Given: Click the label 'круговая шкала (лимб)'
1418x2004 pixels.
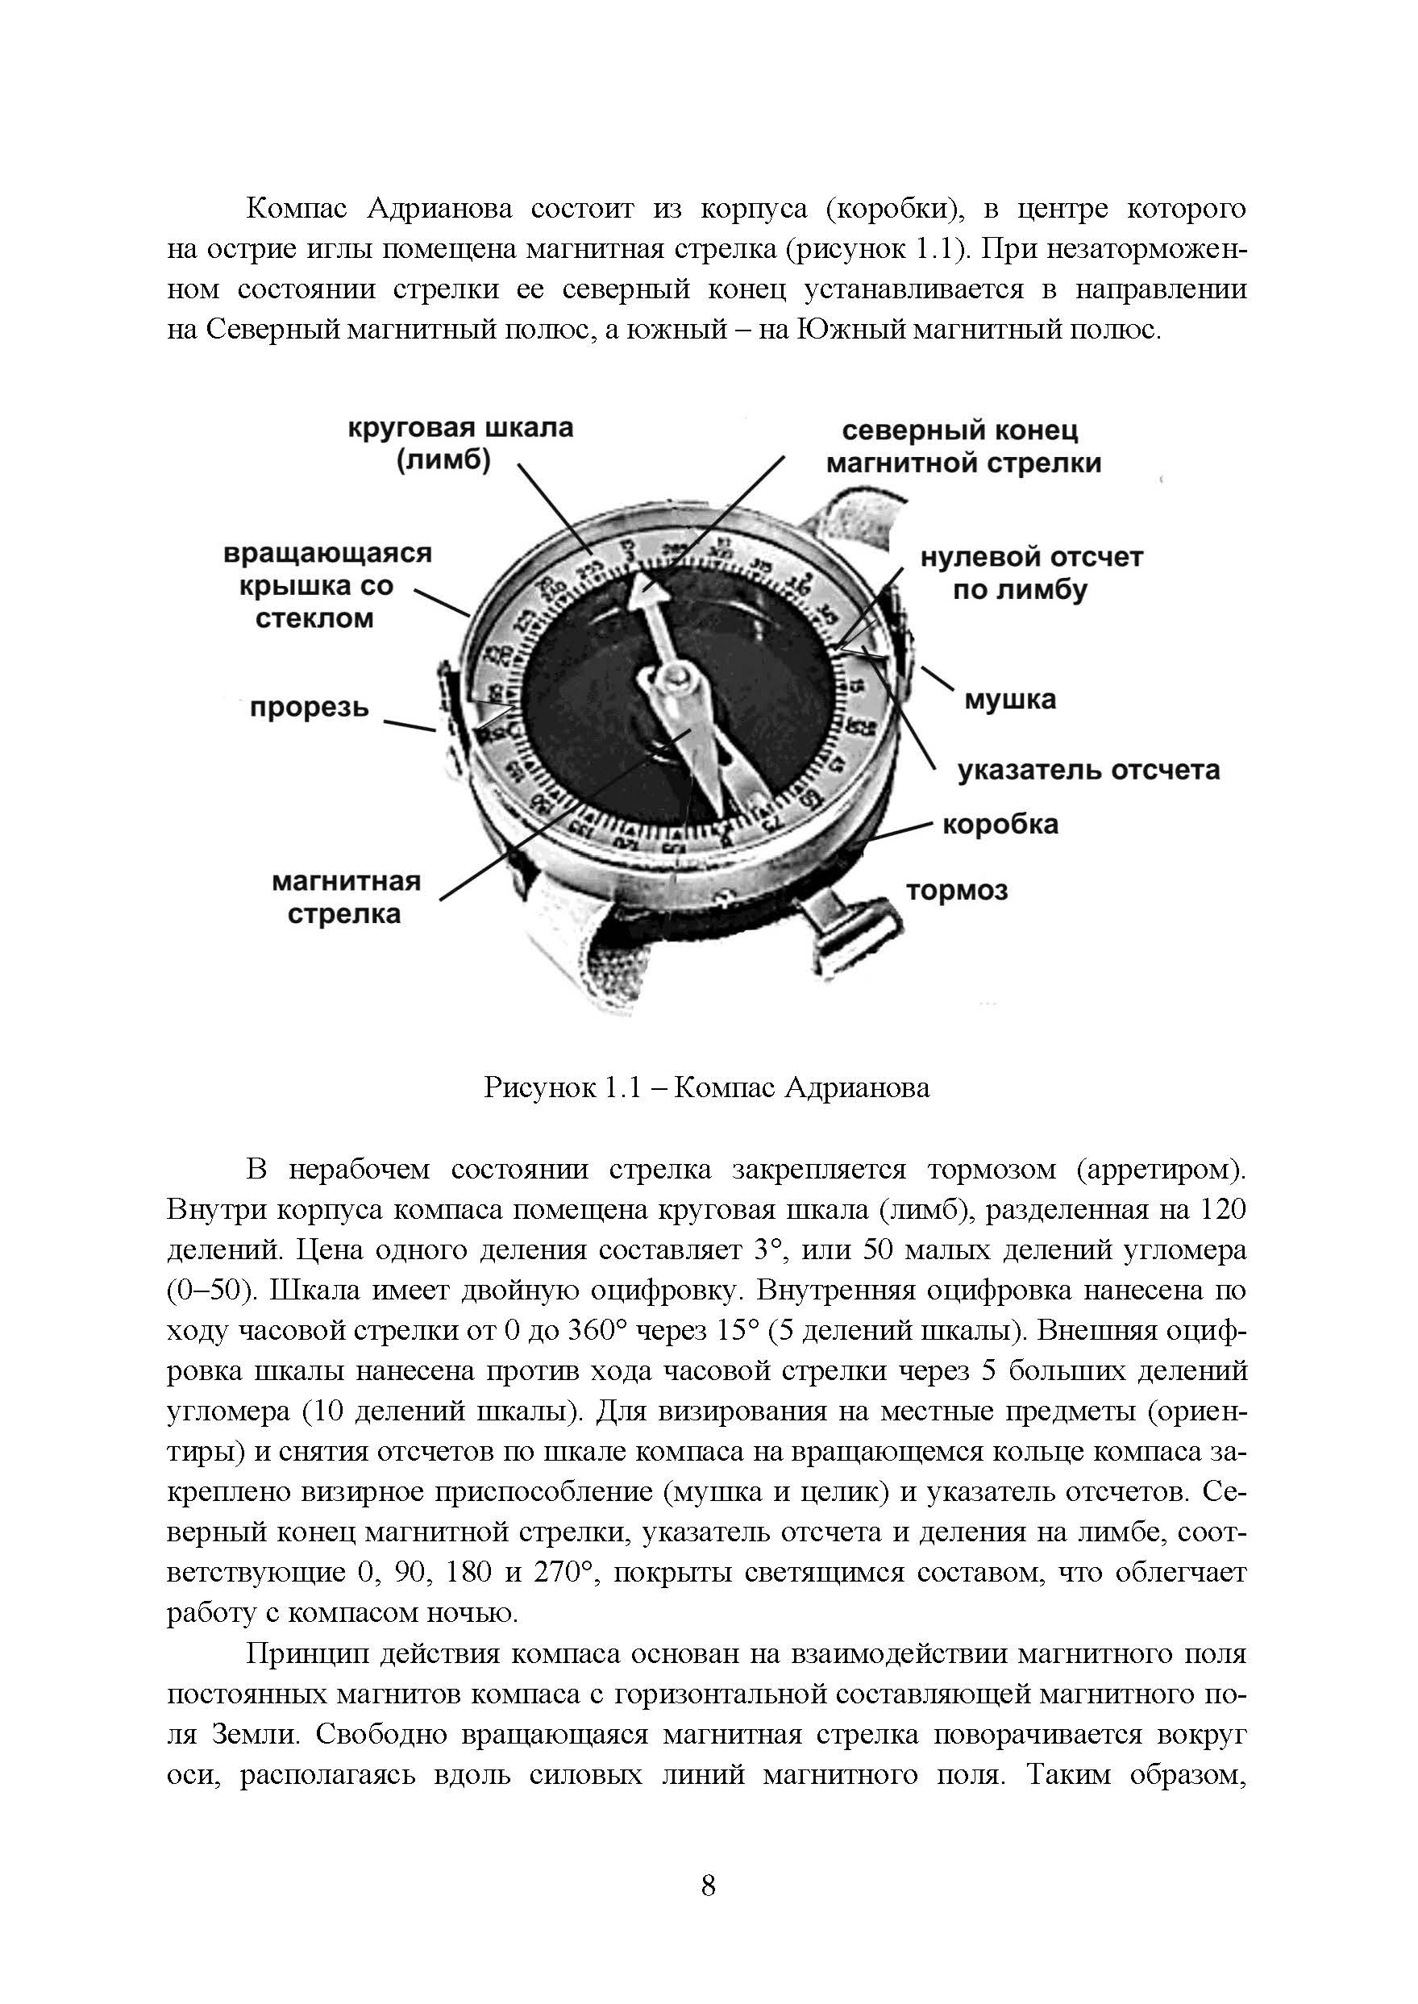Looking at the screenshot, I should [460, 443].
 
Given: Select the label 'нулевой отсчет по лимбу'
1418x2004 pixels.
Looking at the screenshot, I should [1031, 573].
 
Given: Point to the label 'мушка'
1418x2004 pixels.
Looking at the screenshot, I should [1009, 700].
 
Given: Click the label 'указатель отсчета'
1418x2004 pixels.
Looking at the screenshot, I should [1088, 770].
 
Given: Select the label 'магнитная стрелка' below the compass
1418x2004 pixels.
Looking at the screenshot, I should [347, 898].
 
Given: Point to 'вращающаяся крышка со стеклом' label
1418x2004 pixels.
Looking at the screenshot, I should [326, 586].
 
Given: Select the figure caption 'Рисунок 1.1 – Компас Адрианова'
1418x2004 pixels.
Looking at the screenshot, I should [707, 1088].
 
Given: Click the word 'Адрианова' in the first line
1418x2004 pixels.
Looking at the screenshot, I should [439, 209].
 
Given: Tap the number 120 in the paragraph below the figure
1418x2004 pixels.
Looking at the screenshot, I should [1221, 1210].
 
